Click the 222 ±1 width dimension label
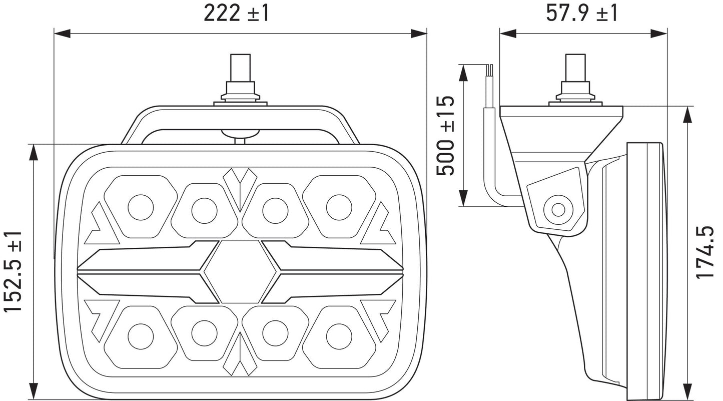click(236, 14)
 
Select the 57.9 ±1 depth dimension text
click(581, 14)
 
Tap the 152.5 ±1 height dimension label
click(13, 271)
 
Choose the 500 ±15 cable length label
click(445, 136)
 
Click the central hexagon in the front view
click(240, 271)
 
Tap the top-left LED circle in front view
click(141, 207)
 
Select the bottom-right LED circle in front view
click(339, 335)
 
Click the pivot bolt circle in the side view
click(558, 210)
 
